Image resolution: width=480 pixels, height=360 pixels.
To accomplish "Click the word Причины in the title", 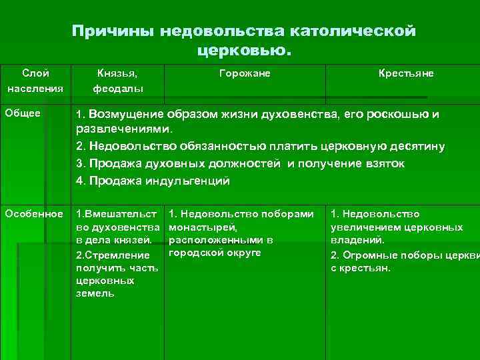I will (x=107, y=31).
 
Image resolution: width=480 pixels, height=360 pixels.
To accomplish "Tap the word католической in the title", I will (x=353, y=31).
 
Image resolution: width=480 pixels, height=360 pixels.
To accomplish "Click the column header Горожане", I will (x=245, y=73).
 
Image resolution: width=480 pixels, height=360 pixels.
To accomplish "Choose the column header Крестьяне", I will (x=406, y=73).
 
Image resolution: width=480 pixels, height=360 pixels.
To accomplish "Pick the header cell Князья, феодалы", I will (x=118, y=80).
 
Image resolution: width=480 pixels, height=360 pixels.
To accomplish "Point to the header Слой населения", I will (x=35, y=80).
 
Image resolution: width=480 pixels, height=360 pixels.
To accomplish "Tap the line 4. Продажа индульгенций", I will (x=153, y=180).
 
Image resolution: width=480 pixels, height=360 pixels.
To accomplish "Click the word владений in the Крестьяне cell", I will (x=355, y=240).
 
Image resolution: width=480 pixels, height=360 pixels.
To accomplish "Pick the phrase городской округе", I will (x=215, y=253).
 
